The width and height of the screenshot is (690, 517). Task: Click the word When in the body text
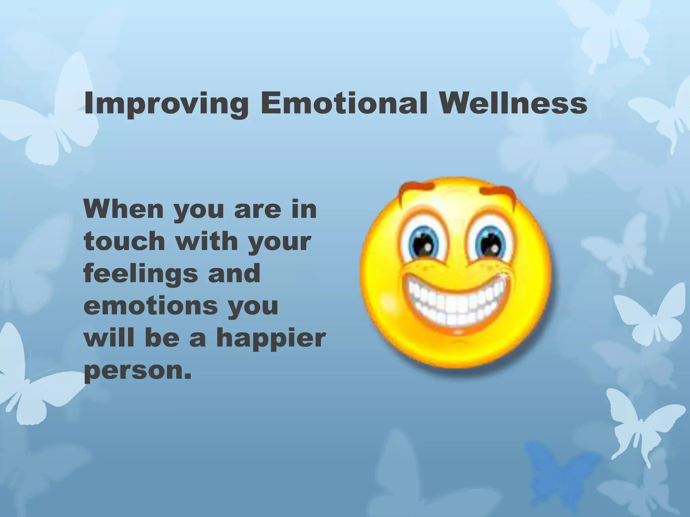click(125, 209)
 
